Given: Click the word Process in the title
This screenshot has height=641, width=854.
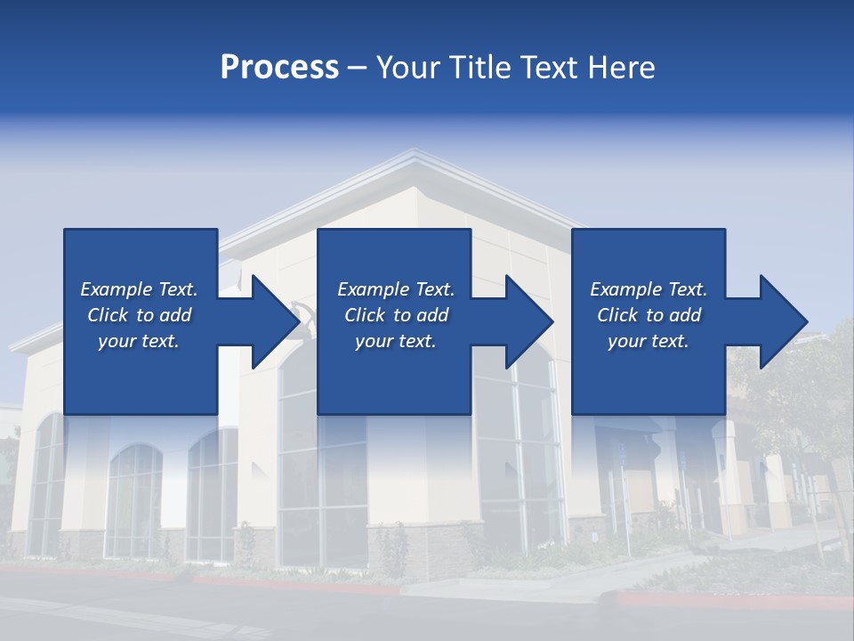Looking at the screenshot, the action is click(279, 68).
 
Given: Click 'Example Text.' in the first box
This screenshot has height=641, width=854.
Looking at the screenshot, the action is click(139, 289).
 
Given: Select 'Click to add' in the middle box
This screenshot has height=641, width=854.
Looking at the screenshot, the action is click(396, 315).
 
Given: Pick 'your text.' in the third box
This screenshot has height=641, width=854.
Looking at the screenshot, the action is click(648, 341).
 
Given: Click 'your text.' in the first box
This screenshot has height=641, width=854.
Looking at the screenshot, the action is click(139, 341).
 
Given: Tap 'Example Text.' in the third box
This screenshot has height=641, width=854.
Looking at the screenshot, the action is click(649, 289).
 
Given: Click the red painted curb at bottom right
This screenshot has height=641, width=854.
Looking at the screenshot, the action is click(729, 600).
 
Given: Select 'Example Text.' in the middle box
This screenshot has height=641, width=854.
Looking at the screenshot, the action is click(396, 289).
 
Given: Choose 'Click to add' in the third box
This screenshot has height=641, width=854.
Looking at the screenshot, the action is click(649, 315).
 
